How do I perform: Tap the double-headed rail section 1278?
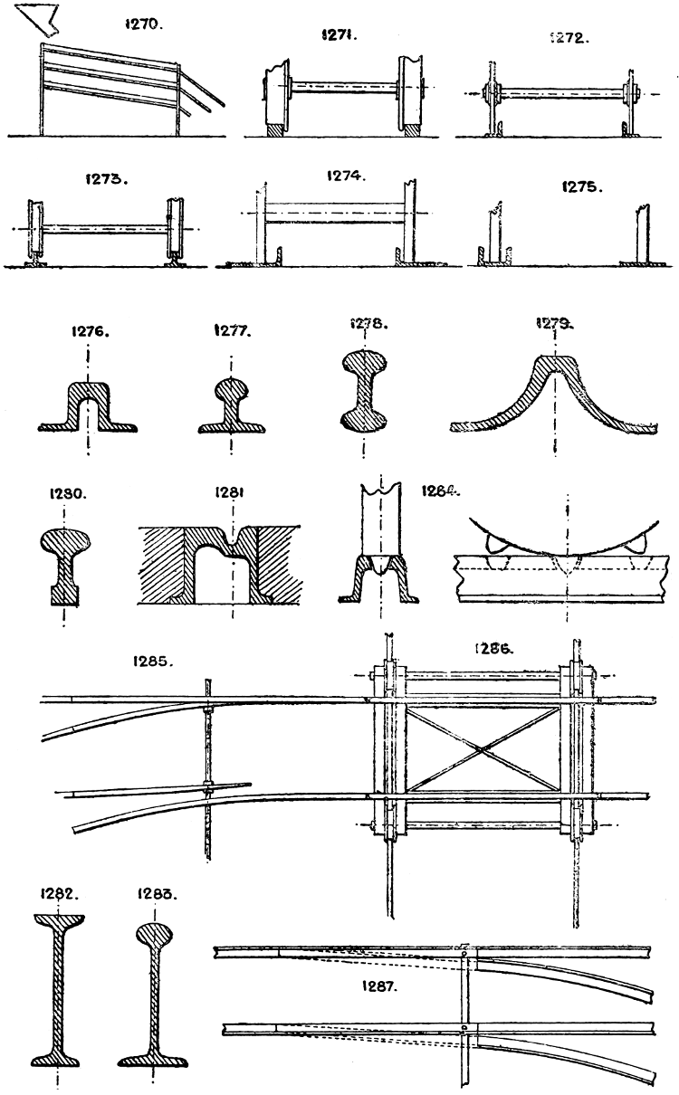[x=364, y=389]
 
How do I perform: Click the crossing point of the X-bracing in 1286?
[x=483, y=747]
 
